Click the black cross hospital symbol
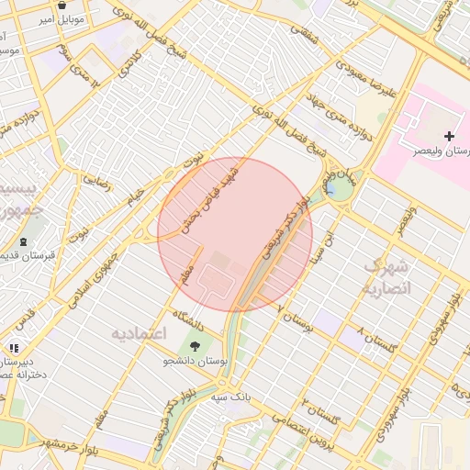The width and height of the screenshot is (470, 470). [x=449, y=136]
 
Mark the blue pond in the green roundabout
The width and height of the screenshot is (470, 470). [x=329, y=190]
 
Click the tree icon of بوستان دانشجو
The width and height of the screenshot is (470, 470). [x=195, y=345]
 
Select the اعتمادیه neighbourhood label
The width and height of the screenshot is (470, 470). [x=138, y=332]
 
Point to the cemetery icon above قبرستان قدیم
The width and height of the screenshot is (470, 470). [x=21, y=241]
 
